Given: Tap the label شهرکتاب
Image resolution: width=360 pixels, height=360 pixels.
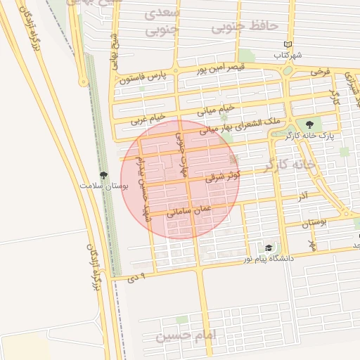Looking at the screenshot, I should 288,54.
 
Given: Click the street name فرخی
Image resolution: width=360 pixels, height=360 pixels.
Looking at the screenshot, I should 321,72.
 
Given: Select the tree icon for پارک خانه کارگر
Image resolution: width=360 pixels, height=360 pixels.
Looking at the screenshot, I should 310,124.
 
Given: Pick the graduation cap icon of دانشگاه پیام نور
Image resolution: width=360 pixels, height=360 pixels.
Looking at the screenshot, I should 269,248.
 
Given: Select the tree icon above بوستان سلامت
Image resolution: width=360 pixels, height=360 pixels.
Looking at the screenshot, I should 104,174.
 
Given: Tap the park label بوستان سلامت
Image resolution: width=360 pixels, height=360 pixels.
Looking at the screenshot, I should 96,186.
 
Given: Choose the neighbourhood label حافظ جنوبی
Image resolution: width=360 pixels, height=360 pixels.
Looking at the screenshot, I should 245,25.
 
